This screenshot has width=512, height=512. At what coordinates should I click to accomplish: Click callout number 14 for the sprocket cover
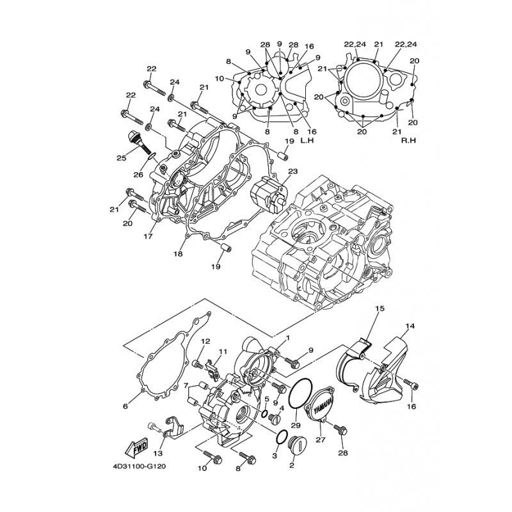[x=410, y=326]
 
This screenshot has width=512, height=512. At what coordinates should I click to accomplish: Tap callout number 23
[x=292, y=172]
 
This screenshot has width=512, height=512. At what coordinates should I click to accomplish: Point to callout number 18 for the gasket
[x=177, y=253]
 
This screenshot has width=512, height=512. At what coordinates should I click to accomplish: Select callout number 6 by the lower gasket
[x=125, y=406]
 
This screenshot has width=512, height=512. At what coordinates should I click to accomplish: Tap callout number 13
[x=157, y=453]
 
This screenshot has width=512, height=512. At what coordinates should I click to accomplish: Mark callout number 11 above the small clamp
[x=223, y=351]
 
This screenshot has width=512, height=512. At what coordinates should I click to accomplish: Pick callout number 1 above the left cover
[x=288, y=337]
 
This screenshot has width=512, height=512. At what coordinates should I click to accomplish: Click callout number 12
[x=206, y=341]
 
